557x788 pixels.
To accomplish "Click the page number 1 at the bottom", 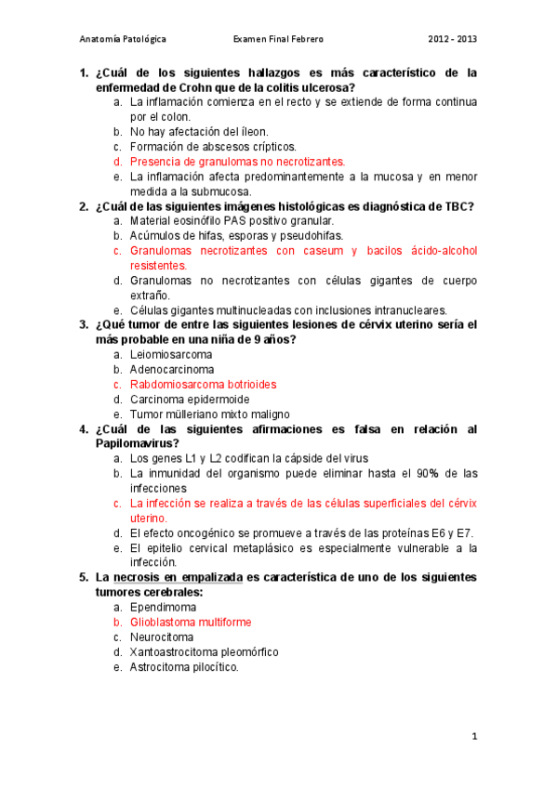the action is click(473, 737).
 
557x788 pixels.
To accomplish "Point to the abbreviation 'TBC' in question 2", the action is click(455, 206).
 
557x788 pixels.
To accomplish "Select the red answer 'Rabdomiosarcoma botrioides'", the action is click(203, 384).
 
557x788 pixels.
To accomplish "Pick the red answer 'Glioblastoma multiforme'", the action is click(191, 622).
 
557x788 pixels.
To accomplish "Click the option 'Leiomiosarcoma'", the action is click(171, 354).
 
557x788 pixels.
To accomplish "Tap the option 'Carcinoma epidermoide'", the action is click(190, 399).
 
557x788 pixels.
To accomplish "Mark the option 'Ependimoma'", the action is click(163, 607).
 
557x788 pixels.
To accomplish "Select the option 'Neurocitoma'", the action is click(162, 637).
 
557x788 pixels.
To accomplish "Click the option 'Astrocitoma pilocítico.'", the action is click(184, 666).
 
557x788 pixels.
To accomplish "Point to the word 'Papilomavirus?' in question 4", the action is click(139, 443).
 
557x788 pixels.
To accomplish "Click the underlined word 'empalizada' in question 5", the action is click(209, 577).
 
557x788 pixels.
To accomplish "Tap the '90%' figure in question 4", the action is click(422, 473).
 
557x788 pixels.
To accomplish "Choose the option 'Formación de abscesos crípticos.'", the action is click(213, 147).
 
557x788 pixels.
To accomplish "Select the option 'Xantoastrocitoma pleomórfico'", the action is click(204, 651).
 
